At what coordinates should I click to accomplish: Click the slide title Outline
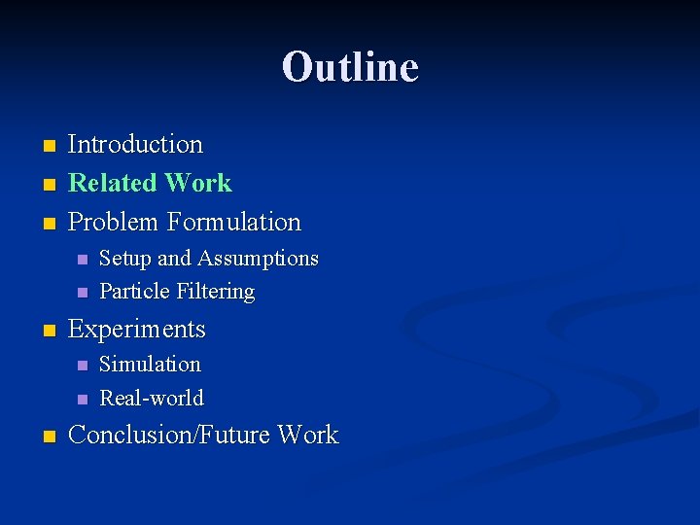coord(350,67)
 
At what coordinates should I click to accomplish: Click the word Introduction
coord(135,145)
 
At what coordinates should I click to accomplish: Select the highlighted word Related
coord(113,183)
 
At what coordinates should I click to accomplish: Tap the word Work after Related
coord(198,183)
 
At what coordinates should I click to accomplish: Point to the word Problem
coord(113,222)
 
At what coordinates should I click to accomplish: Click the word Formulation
coord(233,222)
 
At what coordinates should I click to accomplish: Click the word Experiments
coord(137,330)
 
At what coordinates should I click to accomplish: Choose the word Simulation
coord(150,365)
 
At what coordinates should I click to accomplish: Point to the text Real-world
coord(152,398)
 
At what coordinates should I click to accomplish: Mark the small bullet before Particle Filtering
coord(82,293)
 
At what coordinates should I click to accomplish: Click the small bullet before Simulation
coord(82,366)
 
